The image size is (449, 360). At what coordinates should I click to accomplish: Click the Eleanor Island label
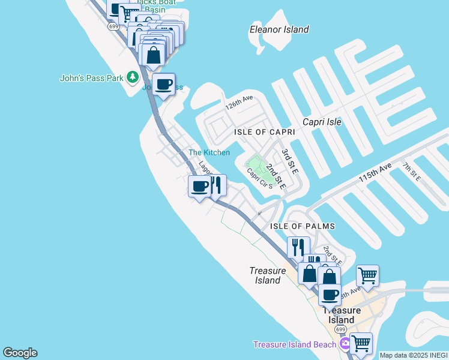click(279, 29)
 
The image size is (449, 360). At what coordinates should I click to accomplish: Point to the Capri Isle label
click(322, 122)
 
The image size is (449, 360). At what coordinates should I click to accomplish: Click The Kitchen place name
click(209, 153)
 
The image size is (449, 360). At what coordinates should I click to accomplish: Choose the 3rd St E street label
click(289, 161)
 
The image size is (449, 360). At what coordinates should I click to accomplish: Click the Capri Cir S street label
click(259, 178)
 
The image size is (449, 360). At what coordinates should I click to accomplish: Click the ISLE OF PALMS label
click(302, 226)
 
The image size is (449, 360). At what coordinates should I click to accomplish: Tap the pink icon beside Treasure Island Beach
click(345, 344)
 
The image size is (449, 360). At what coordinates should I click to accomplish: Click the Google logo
click(20, 353)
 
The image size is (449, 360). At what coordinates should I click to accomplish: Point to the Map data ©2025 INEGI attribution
click(413, 355)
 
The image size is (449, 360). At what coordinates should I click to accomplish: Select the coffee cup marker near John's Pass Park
click(163, 84)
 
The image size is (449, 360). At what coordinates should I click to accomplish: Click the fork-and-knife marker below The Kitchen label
click(216, 185)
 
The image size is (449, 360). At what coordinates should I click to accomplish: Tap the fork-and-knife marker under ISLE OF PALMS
click(297, 246)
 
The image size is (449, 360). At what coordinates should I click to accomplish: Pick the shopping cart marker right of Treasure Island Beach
click(360, 343)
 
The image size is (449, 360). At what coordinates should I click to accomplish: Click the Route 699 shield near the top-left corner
click(113, 26)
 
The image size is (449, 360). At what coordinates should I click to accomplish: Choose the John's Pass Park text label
click(91, 78)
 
